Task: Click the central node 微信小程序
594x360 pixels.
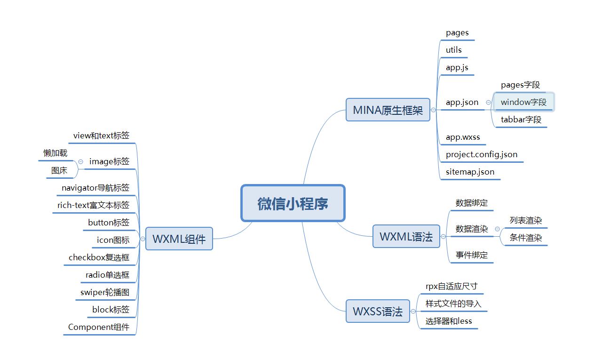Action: point(293,203)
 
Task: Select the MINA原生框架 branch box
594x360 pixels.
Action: point(388,110)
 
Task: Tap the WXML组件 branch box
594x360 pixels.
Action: point(179,239)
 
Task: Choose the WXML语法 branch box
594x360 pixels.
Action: point(406,237)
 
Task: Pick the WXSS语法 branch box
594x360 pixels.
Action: point(378,312)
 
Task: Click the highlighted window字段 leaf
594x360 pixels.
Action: point(523,102)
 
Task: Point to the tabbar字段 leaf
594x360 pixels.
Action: point(521,120)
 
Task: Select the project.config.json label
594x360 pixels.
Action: point(482,154)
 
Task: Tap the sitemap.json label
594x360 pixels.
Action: point(470,172)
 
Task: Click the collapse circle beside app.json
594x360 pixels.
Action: point(488,102)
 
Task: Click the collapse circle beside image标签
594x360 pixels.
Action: point(80,161)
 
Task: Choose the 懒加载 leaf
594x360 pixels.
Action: point(55,153)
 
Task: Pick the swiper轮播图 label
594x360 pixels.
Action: point(105,292)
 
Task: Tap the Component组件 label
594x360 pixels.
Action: point(99,327)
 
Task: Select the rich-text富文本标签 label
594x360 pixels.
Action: point(93,205)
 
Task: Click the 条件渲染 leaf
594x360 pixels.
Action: point(526,238)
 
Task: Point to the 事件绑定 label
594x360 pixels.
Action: point(472,255)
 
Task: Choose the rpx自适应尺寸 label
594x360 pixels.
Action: point(451,286)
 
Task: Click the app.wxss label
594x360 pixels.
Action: point(463,137)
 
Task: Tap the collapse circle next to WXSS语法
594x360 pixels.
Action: point(413,312)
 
